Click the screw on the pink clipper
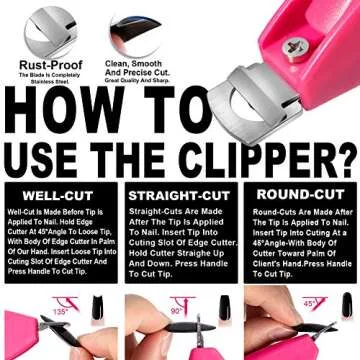pos(301,45)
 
